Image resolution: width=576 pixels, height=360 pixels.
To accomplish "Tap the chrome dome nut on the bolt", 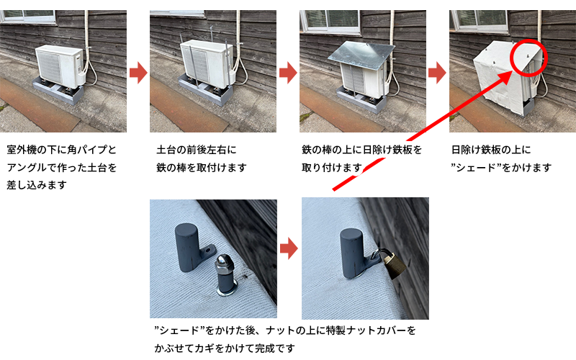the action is tap(223, 261).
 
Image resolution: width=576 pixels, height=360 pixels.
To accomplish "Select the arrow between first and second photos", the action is tap(138, 73).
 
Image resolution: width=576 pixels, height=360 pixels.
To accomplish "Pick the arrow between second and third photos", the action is tap(288, 73).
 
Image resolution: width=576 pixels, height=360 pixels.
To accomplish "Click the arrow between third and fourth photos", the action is tap(437, 73).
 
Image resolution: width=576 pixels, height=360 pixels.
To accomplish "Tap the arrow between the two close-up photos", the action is tap(289, 248).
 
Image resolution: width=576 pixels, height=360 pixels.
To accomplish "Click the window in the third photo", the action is tap(330, 20).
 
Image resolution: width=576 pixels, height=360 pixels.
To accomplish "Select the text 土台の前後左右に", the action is tap(197, 150).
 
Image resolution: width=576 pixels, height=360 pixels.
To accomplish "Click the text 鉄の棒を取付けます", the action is tap(202, 168).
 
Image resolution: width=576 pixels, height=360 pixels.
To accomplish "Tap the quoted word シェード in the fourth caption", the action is tap(477, 168).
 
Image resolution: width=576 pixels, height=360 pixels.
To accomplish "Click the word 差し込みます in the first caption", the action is tap(37, 185).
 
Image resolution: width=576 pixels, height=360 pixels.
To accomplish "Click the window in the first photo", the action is tap(28, 16).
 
